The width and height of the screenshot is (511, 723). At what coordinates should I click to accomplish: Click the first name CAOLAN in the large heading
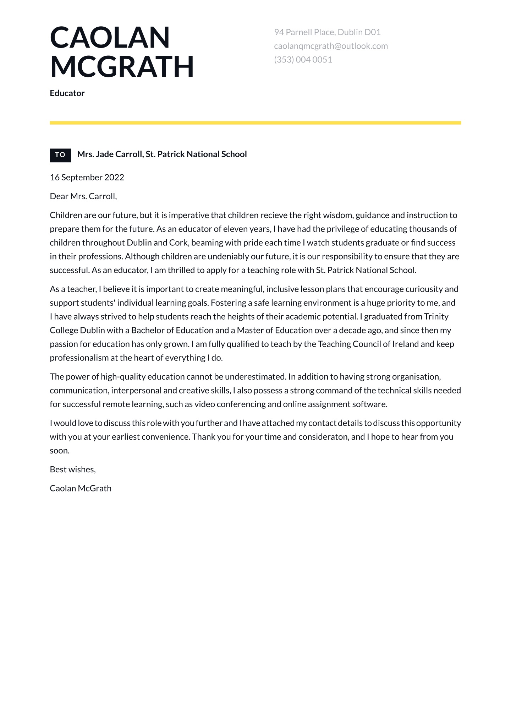pyautogui.click(x=110, y=38)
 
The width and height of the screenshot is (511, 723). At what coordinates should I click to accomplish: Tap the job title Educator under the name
pyautogui.click(x=67, y=93)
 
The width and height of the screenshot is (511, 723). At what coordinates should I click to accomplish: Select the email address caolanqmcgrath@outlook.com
pyautogui.click(x=331, y=46)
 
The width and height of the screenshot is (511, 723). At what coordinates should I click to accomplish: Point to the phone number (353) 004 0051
pyautogui.click(x=303, y=59)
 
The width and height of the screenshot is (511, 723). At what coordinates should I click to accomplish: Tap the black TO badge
pyautogui.click(x=60, y=155)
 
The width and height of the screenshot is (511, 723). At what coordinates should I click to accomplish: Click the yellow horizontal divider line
pyautogui.click(x=255, y=123)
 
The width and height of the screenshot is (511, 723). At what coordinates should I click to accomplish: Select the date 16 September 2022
pyautogui.click(x=87, y=177)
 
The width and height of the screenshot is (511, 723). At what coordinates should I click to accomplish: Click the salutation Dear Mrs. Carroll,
pyautogui.click(x=83, y=196)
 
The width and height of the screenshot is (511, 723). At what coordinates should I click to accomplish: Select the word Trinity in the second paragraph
pyautogui.click(x=436, y=316)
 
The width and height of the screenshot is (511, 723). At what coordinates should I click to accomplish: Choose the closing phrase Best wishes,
pyautogui.click(x=73, y=469)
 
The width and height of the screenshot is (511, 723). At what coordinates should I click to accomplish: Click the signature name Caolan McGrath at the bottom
pyautogui.click(x=81, y=488)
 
